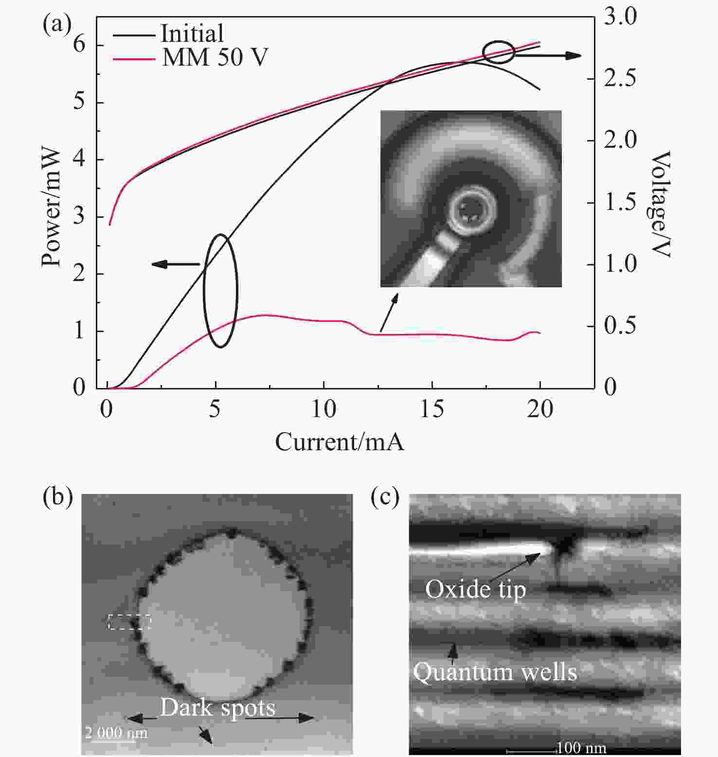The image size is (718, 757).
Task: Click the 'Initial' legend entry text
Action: pos(192,34)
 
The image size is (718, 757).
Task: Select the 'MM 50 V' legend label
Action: pos(215,57)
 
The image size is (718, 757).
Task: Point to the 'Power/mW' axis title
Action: pos(52,208)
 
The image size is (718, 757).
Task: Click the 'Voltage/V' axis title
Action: pos(660,204)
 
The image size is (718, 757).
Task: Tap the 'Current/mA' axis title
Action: pos(340,442)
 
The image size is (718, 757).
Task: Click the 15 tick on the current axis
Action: pos(432,409)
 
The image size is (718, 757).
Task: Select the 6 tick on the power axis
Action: pos(79,45)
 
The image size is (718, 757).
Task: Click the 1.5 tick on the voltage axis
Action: pos(620,202)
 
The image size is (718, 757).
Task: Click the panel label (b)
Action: pos(58,497)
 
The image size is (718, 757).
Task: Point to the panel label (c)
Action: pos(385,497)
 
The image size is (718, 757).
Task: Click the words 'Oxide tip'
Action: pos(475,589)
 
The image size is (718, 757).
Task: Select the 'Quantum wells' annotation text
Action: pos(495,672)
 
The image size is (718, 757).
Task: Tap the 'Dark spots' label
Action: pos(218,708)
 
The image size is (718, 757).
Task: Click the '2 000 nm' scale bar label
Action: pos(116,732)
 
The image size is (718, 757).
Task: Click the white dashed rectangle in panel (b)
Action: pos(129,622)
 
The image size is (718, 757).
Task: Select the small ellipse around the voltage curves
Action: pos(498,52)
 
